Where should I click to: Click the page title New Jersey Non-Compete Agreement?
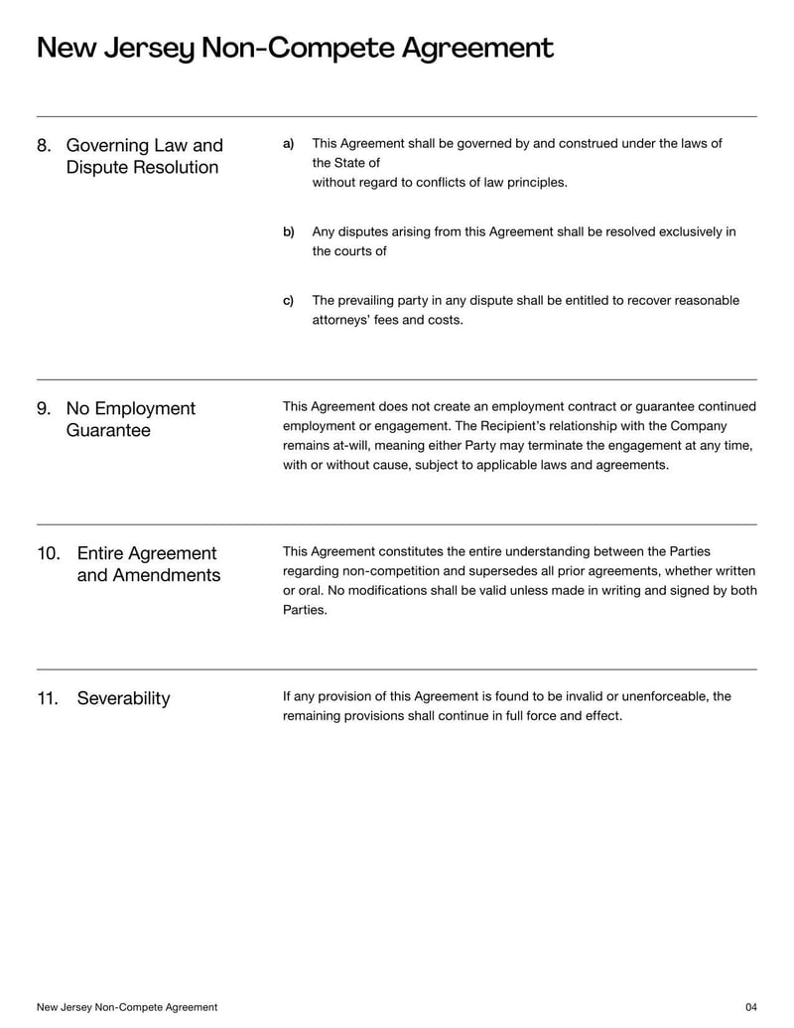click(x=295, y=48)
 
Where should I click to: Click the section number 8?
click(x=44, y=146)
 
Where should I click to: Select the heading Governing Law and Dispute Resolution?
click(x=144, y=157)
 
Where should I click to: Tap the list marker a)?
click(x=289, y=144)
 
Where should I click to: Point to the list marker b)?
click(x=289, y=232)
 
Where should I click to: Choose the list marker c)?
click(x=289, y=301)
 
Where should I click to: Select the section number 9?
click(x=44, y=409)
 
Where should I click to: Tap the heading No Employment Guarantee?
click(x=130, y=420)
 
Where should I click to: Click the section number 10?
click(x=49, y=554)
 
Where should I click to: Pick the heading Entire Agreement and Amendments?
click(x=148, y=565)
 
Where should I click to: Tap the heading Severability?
click(x=123, y=699)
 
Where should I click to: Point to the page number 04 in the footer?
click(x=750, y=1007)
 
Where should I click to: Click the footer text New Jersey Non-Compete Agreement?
click(x=127, y=1007)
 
